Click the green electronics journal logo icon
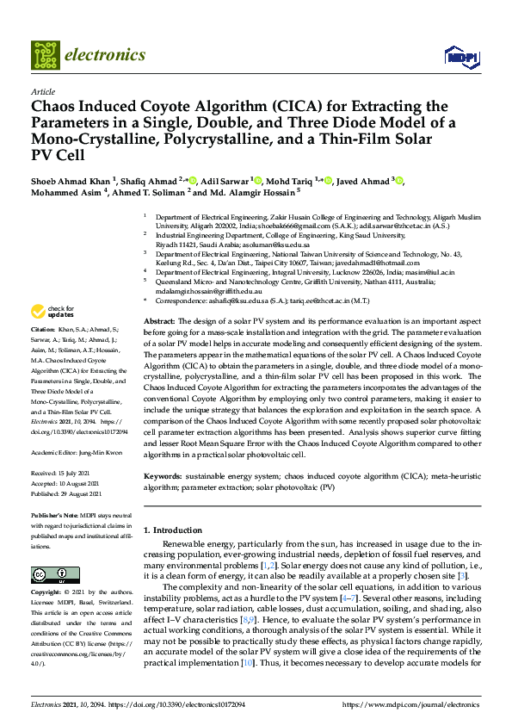tap(46, 54)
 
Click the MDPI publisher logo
tap(460, 57)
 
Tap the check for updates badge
tap(53, 312)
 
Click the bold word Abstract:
tap(159, 319)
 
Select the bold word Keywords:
tap(162, 476)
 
